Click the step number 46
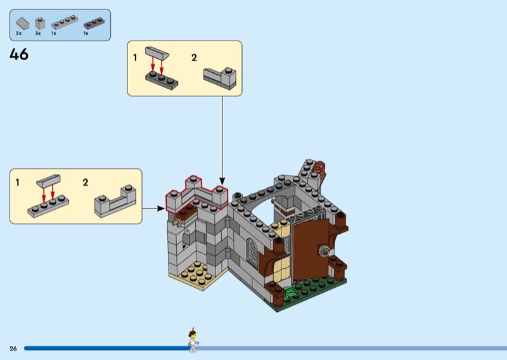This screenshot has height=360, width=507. coord(19,55)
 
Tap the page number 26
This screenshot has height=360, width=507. coord(13,349)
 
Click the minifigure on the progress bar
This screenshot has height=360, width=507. coord(193,340)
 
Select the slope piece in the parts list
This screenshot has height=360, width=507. coord(23,23)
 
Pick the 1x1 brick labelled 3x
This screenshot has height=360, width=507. coord(40,23)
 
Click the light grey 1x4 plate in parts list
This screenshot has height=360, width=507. coord(65,22)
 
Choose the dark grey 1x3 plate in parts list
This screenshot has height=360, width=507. coord(94,23)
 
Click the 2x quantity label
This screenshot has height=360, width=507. coord(19,34)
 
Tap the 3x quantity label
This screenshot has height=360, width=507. coord(38,34)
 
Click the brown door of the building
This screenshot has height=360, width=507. coord(311,249)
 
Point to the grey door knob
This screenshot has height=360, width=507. coord(324,252)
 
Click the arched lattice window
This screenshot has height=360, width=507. coord(252,253)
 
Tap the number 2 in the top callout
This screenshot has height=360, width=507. coord(194,58)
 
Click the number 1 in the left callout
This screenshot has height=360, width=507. coord(18,183)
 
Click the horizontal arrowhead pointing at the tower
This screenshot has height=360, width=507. coord(161,209)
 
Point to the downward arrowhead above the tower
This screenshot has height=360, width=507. coord(222,181)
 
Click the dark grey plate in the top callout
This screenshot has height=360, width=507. coord(162,80)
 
